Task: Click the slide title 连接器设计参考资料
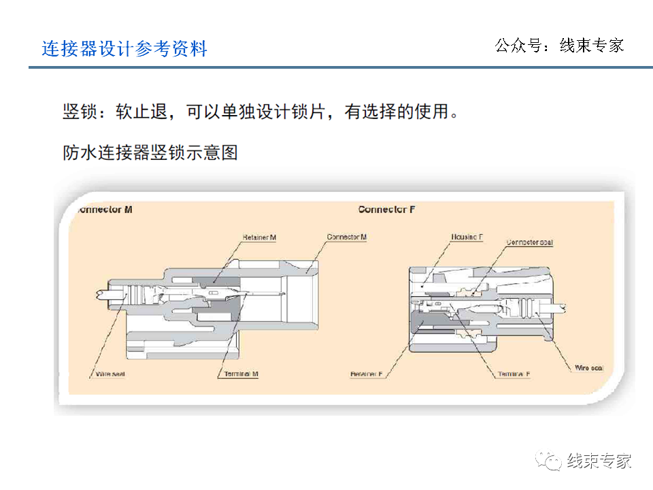(124, 49)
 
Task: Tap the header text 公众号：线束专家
(558, 46)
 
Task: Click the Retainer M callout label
(259, 238)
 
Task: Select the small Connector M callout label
(346, 237)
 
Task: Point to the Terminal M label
(241, 374)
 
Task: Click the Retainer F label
(367, 374)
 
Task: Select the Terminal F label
(514, 374)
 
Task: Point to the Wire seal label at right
(588, 368)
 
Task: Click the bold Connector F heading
(386, 209)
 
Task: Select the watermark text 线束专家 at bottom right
(599, 461)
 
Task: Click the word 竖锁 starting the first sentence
(77, 112)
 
